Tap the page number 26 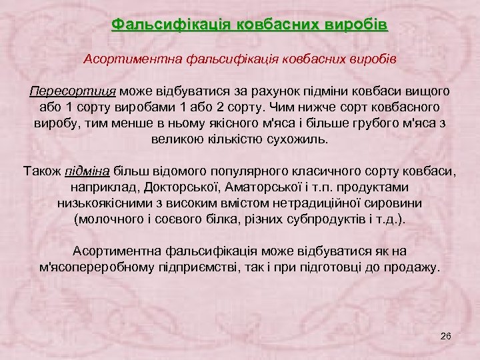pyautogui.click(x=447, y=335)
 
